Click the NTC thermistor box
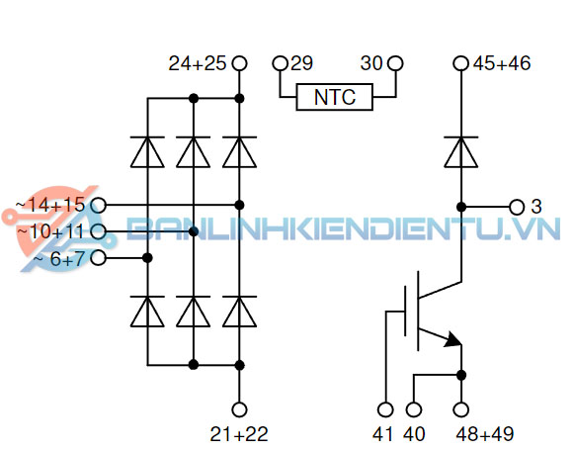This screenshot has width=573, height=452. click(337, 98)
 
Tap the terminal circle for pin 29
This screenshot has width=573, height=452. click(281, 64)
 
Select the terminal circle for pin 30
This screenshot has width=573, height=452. click(395, 64)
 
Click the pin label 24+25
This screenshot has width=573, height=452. click(198, 64)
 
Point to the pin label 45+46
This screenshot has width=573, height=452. click(502, 64)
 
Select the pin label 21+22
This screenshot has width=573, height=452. click(238, 433)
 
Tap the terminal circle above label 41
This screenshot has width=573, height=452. click(386, 409)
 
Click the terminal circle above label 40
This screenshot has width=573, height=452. click(414, 409)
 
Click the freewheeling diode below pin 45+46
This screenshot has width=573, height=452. click(461, 151)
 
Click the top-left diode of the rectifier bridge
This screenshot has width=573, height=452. click(147, 151)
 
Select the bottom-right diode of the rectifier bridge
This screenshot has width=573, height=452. click(238, 312)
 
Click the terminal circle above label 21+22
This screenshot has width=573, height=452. click(238, 409)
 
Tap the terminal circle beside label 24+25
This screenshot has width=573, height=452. click(238, 64)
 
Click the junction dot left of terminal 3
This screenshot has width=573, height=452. click(461, 207)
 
